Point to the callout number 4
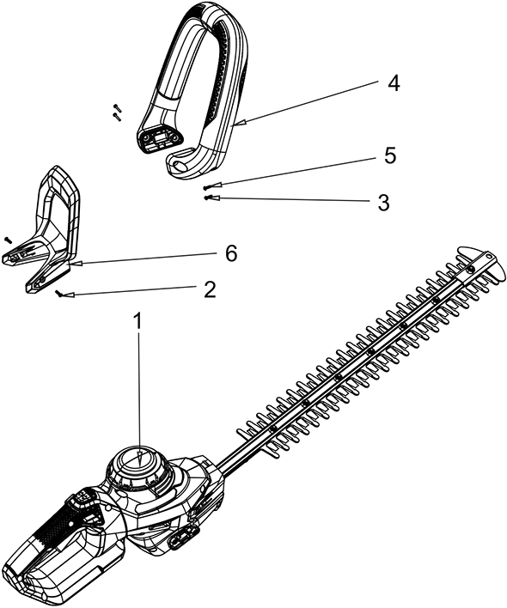click(393, 83)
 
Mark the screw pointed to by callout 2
click(60, 294)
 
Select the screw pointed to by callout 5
click(207, 187)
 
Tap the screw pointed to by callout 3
click(208, 197)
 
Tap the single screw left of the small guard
click(8, 240)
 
